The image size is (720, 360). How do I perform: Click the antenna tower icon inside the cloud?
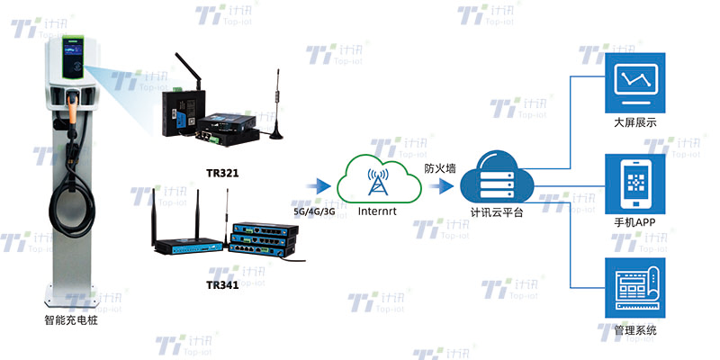[376, 179]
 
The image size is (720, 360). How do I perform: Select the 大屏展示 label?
[634, 122]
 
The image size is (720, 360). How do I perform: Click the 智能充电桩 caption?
[72, 319]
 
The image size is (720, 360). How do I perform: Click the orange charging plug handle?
[72, 108]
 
